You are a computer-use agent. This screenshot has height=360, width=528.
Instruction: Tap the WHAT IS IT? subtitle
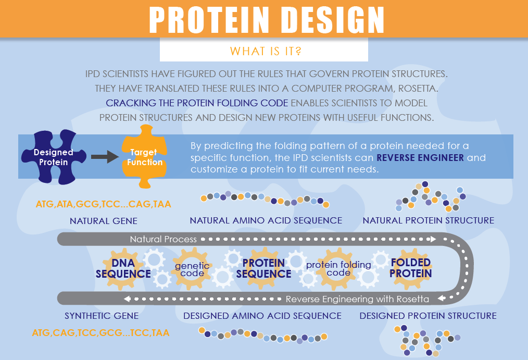266,51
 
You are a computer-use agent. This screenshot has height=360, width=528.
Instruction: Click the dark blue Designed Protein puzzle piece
54,157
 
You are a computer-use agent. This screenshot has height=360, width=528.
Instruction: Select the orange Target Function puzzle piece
144,157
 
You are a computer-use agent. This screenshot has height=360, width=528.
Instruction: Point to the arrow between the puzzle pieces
105,157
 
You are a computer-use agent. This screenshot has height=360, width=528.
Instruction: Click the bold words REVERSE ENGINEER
420,158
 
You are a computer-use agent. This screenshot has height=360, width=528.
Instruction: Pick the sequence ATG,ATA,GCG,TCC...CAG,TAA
104,204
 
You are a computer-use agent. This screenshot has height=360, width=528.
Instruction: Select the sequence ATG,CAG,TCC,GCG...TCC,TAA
100,333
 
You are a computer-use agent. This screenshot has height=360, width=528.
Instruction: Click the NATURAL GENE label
104,221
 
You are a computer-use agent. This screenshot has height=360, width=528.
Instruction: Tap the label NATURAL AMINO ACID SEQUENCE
266,220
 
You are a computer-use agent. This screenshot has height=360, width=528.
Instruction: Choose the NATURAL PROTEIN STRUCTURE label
429,220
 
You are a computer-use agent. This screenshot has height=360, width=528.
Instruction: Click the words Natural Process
164,239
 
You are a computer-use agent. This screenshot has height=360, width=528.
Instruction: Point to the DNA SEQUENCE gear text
123,268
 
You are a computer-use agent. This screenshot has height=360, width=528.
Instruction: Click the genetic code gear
192,269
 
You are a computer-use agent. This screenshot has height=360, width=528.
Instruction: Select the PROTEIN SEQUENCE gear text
263,268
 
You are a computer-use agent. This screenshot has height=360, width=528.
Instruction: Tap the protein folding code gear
338,269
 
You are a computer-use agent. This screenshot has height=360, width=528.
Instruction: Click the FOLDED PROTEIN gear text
410,268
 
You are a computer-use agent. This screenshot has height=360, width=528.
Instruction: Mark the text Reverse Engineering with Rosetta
357,299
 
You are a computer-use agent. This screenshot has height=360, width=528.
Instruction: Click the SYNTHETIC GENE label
102,316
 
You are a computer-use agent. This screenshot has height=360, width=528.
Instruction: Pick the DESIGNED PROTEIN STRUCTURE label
428,316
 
